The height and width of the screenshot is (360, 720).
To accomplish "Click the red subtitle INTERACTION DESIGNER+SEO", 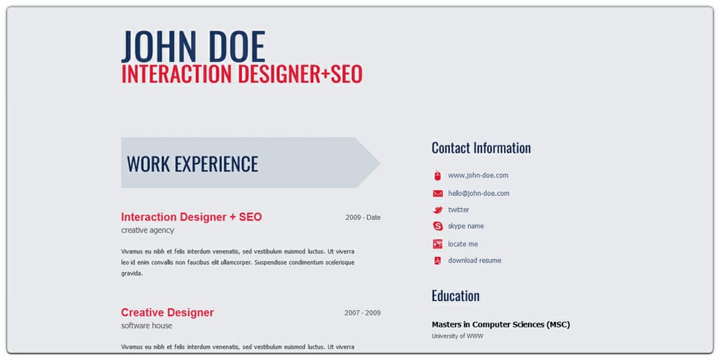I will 242,74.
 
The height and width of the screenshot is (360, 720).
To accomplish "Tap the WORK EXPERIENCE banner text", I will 192,163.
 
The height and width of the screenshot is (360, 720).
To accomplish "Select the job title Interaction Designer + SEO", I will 192,217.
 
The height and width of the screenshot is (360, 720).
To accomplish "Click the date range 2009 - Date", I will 363,217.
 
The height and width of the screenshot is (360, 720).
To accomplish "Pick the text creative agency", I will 148,230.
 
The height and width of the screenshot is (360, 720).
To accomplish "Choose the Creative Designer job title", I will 167,312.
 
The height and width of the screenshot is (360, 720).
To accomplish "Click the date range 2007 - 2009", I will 362,313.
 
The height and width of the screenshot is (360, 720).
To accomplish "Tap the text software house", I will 147,326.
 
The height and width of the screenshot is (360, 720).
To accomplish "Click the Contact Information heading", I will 481,148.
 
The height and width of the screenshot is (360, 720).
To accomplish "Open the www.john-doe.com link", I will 478,176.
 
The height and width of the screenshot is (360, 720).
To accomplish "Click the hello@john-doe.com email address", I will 479,194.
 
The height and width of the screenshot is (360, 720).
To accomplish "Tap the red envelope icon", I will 438,194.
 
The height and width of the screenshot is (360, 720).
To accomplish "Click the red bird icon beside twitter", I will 438,210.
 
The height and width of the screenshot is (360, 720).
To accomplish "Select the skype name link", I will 466,226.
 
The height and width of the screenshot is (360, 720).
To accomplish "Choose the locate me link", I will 463,244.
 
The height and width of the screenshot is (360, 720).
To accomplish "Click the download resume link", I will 474,261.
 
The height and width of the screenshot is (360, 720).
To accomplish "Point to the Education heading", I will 456,296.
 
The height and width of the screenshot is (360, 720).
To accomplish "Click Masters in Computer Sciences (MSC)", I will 500,325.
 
